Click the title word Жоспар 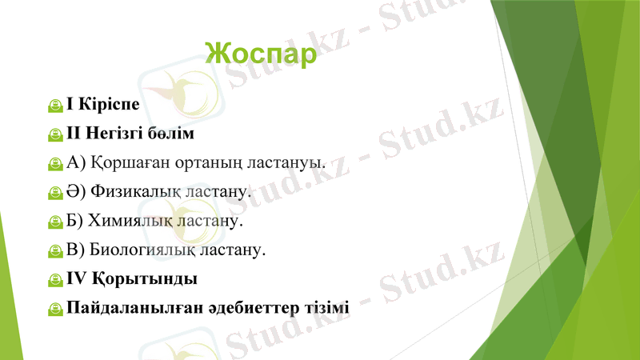pyautogui.click(x=261, y=53)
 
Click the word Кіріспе pyautogui.click(x=108, y=104)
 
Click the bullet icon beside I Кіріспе pyautogui.click(x=55, y=105)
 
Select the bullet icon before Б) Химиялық pyautogui.click(x=55, y=222)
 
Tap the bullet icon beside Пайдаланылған pyautogui.click(x=55, y=310)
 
